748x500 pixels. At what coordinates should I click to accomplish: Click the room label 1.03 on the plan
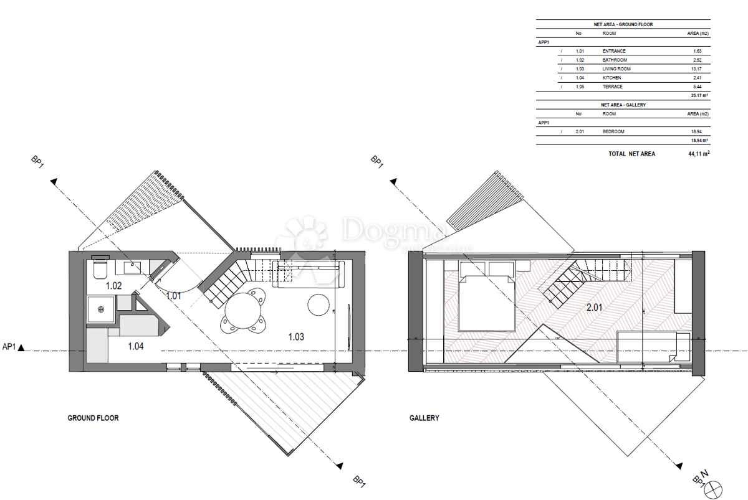click(x=296, y=337)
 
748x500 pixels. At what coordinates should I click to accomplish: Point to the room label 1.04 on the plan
click(x=135, y=346)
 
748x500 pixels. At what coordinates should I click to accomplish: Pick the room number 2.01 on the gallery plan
click(x=596, y=307)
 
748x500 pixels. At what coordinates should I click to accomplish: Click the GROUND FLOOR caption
click(x=93, y=418)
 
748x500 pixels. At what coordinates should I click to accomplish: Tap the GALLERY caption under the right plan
click(x=424, y=418)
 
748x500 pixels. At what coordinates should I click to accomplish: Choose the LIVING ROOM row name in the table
click(x=616, y=68)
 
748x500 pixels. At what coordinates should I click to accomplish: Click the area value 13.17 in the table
click(x=698, y=68)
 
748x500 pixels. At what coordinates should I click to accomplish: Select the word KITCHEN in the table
click(x=611, y=78)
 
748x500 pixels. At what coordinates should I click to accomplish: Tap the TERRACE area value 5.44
click(x=699, y=87)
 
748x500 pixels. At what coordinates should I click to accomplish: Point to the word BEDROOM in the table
click(x=613, y=131)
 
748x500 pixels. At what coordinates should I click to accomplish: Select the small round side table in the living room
click(x=319, y=303)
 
